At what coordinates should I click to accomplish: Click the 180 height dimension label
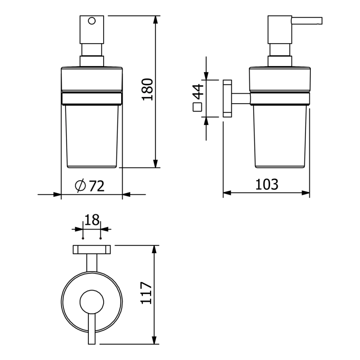147,90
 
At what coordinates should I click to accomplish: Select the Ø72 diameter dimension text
90,186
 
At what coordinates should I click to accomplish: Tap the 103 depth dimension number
267,184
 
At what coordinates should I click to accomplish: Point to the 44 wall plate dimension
198,92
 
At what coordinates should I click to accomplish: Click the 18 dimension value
92,220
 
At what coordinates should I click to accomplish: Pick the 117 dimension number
146,293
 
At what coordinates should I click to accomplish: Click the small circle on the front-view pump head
92,21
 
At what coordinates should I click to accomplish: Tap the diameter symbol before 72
80,186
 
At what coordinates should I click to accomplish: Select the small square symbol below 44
197,107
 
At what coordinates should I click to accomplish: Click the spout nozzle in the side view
307,20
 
